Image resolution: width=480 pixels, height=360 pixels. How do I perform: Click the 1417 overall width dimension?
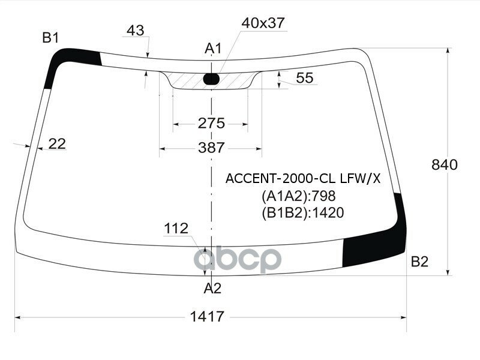[x=208, y=317]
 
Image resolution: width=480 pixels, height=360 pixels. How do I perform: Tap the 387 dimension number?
[x=211, y=148]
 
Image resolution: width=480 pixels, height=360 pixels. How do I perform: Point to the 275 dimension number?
[x=211, y=123]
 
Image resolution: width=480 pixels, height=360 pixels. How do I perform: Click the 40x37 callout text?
[x=263, y=23]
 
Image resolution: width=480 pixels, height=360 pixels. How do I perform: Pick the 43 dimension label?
[x=136, y=30]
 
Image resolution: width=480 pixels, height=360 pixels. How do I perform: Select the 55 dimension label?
[x=305, y=77]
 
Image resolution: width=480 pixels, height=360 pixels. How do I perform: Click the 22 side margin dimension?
[x=57, y=143]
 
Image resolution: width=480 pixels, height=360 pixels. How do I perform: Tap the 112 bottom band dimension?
[x=176, y=229]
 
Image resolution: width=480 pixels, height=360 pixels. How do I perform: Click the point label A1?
[x=214, y=48]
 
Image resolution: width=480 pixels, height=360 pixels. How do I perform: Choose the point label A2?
[x=212, y=289]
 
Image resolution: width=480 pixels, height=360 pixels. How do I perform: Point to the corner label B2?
[x=419, y=262]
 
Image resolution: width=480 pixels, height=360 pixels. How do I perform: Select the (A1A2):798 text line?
[x=298, y=196]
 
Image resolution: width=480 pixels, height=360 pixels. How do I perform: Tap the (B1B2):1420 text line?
[x=302, y=212]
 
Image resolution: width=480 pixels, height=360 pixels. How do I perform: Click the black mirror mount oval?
[x=212, y=78]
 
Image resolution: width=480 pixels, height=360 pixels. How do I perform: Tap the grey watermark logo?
[x=240, y=260]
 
